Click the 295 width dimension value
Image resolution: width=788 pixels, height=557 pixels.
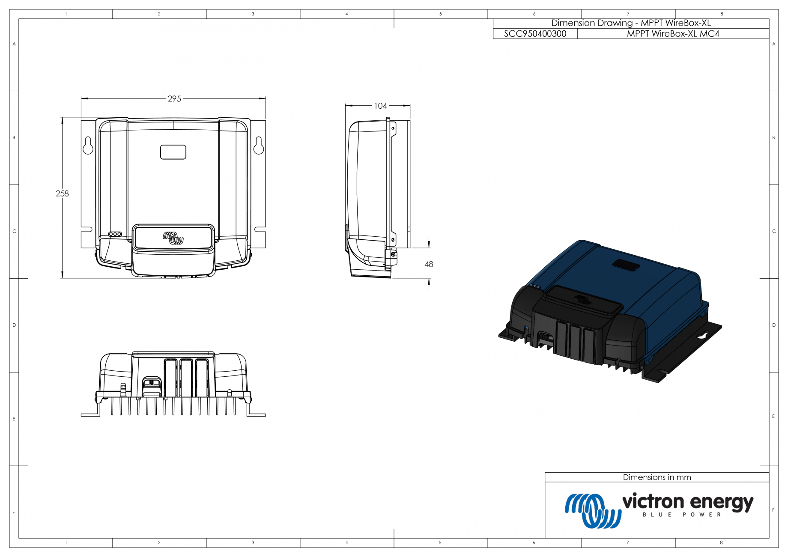[x=174, y=99]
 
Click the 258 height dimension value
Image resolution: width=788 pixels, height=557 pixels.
[x=62, y=194]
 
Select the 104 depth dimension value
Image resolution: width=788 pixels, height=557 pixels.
[x=380, y=106]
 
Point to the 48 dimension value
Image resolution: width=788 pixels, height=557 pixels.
[x=429, y=265]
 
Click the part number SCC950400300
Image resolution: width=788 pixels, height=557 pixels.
[x=535, y=34]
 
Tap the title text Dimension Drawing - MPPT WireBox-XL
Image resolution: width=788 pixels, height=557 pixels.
[x=631, y=23]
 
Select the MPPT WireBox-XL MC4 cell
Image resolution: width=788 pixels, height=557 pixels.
[x=673, y=34]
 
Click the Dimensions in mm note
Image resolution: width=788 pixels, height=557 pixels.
[x=657, y=477]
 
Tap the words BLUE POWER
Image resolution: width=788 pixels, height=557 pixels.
[x=682, y=515]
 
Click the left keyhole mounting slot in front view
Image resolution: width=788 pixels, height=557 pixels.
[x=88, y=146]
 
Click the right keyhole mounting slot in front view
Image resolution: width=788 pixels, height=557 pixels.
[x=259, y=146]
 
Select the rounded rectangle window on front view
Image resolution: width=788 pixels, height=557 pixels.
[x=173, y=152]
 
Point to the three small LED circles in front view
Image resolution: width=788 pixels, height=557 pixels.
[x=115, y=234]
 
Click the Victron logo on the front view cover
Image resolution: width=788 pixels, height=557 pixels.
[x=173, y=238]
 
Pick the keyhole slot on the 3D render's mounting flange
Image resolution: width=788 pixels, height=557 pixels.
[x=701, y=336]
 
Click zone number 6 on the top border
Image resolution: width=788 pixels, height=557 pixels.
[x=534, y=14]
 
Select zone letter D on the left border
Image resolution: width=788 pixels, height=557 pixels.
[x=14, y=325]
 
